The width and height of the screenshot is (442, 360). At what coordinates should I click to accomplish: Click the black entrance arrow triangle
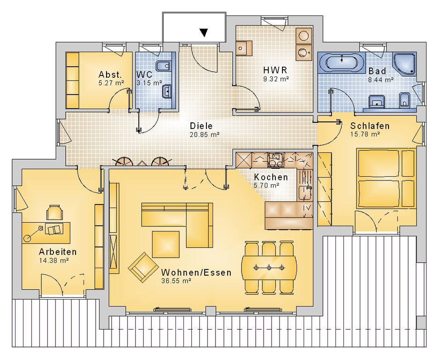(204, 33)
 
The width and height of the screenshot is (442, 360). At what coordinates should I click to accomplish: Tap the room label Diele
(201, 126)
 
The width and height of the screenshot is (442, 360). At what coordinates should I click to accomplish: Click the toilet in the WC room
(163, 66)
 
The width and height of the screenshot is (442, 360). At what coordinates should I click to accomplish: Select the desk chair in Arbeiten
(54, 212)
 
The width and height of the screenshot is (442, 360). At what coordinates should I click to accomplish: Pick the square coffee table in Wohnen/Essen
(166, 244)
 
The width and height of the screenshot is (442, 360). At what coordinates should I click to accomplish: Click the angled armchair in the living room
(143, 267)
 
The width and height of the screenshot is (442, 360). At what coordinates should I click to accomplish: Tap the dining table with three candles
(269, 267)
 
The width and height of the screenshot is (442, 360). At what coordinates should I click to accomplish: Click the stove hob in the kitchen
(274, 160)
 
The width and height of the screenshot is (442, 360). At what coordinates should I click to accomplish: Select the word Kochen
(271, 177)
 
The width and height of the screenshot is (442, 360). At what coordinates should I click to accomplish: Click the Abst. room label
(110, 75)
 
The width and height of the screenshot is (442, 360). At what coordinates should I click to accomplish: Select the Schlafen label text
(370, 126)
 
